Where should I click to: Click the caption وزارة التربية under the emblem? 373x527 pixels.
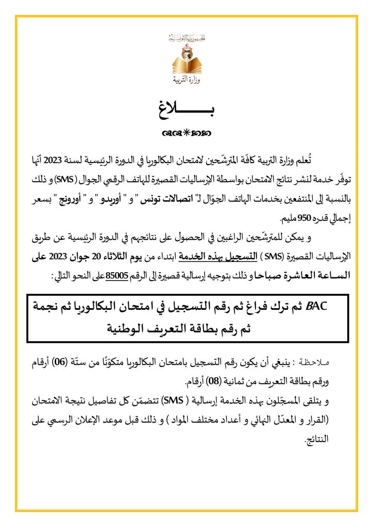click(186, 81)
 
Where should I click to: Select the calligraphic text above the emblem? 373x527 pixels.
click(186, 38)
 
